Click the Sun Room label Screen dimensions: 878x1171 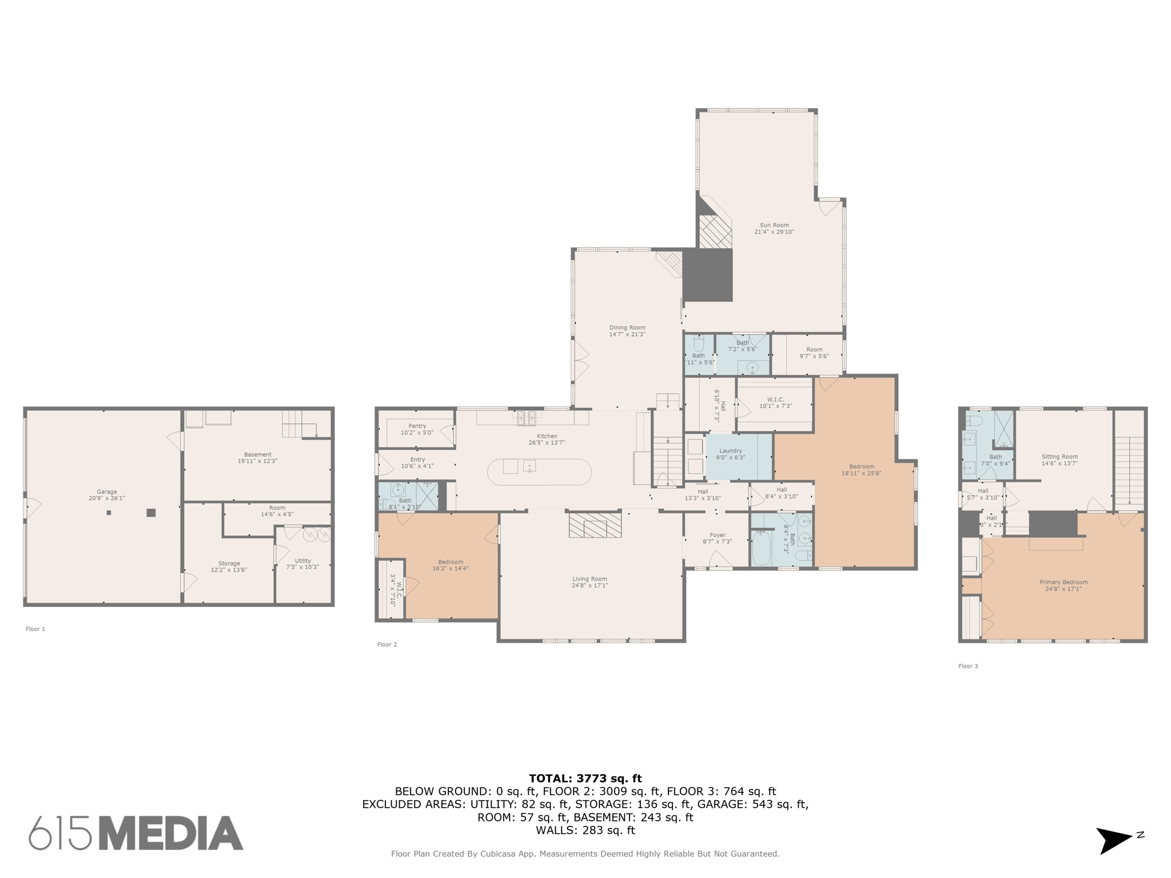[774, 229]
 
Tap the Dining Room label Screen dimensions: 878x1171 [627, 331]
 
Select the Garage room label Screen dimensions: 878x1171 [106, 495]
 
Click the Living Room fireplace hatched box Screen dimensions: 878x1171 [595, 525]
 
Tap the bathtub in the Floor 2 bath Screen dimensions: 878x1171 [760, 549]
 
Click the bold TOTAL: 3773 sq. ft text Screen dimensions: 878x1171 [585, 779]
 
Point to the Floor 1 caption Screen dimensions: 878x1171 [35, 629]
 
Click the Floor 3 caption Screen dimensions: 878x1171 [968, 666]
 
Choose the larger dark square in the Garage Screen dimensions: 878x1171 [151, 513]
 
